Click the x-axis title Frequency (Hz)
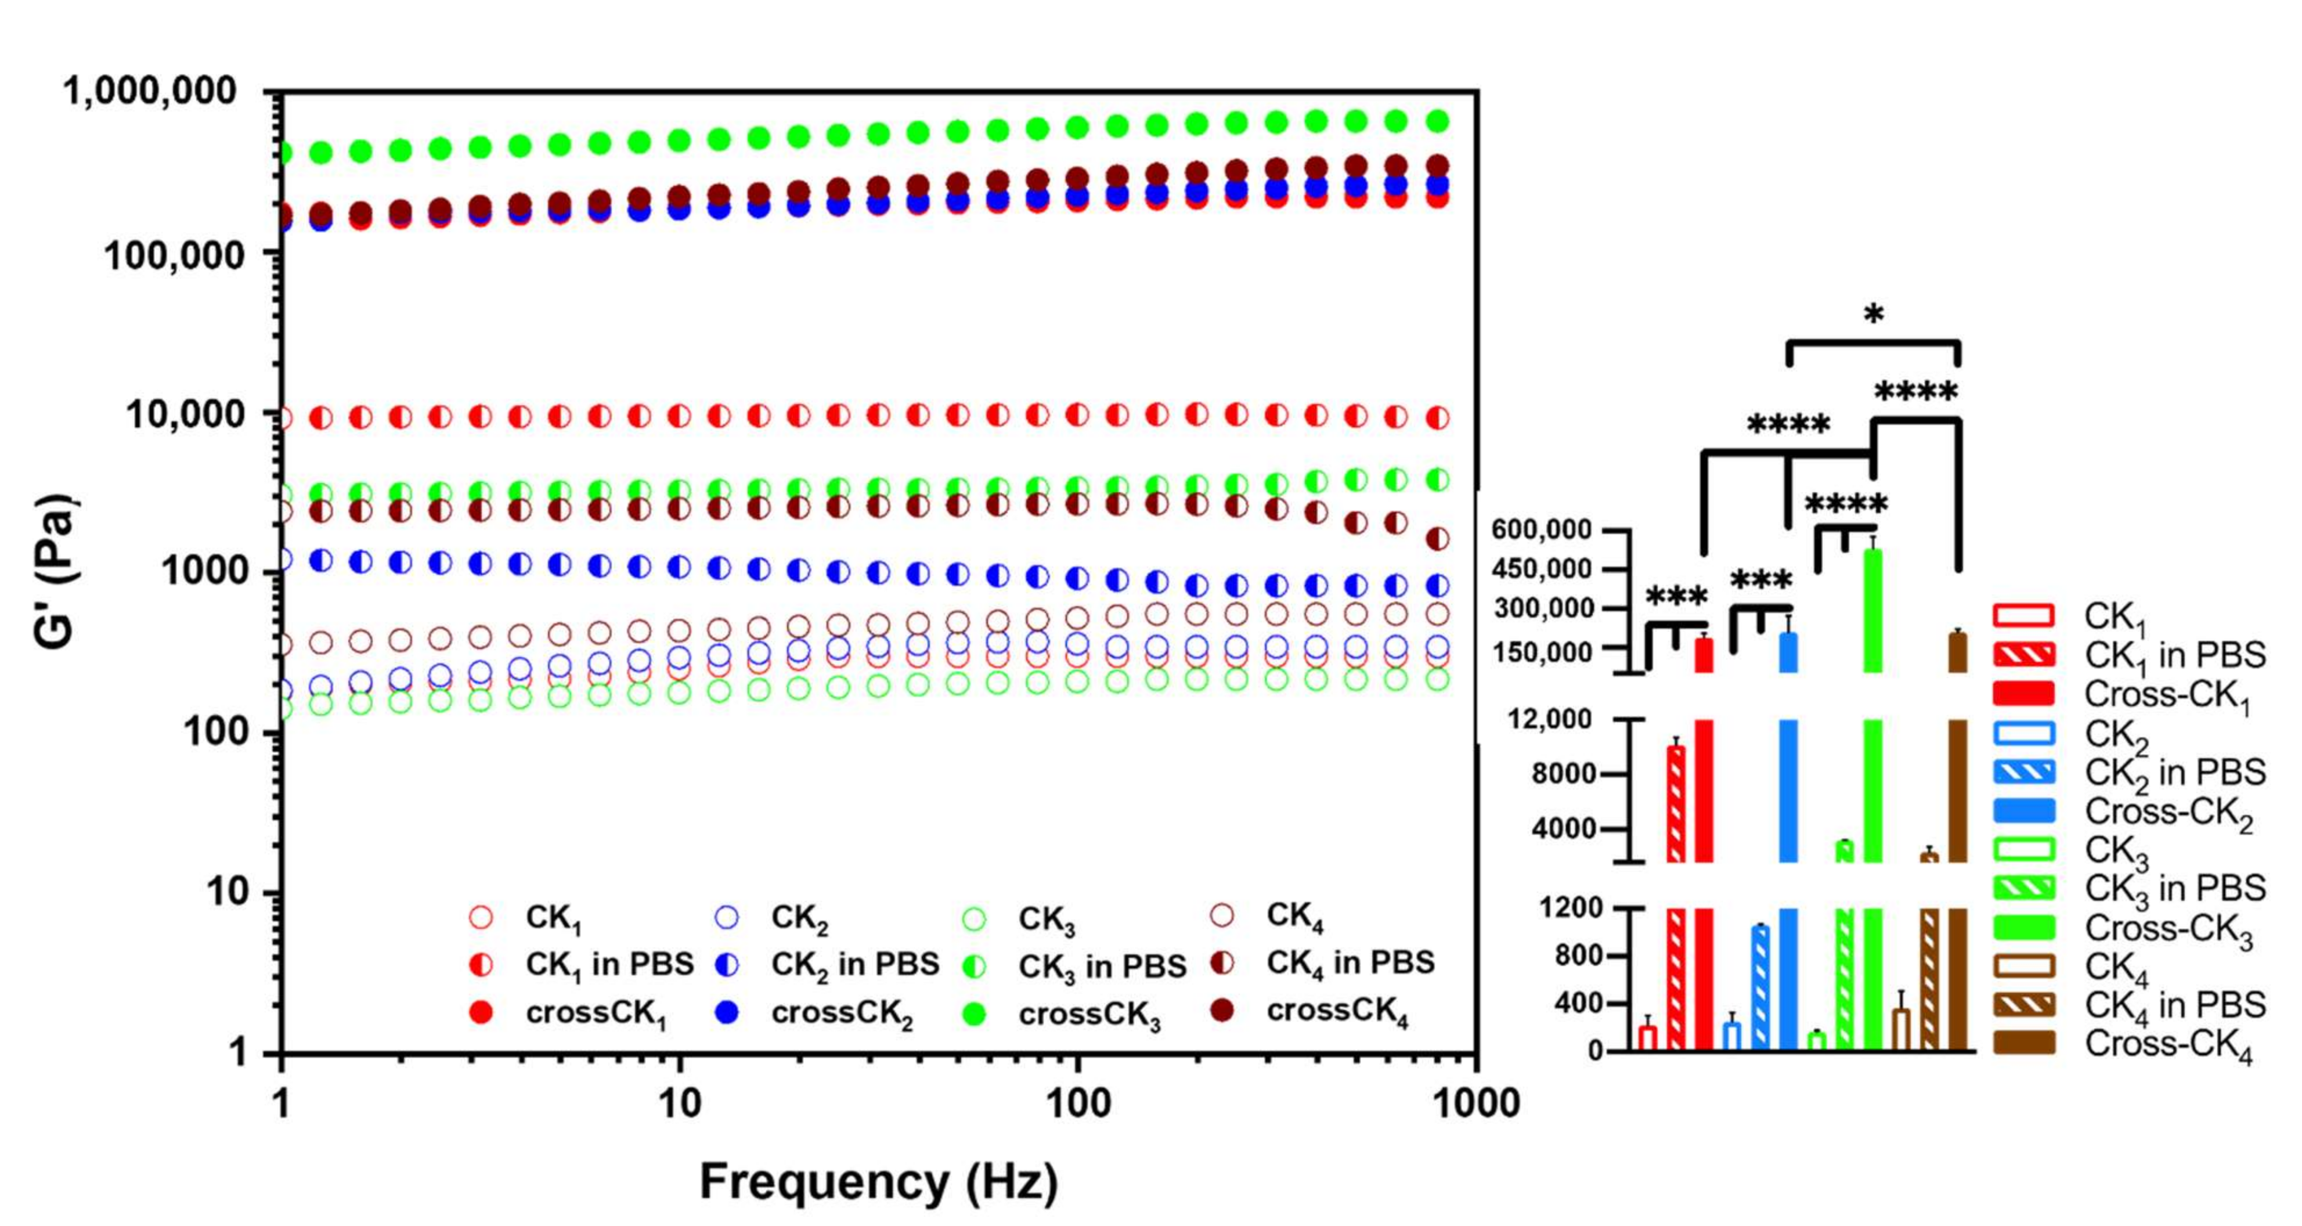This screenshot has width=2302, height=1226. (878, 1181)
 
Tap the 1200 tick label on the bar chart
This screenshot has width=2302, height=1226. (1570, 908)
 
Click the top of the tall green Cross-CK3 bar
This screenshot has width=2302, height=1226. (1872, 552)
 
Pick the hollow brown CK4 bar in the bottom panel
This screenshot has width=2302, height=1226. (1901, 1027)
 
